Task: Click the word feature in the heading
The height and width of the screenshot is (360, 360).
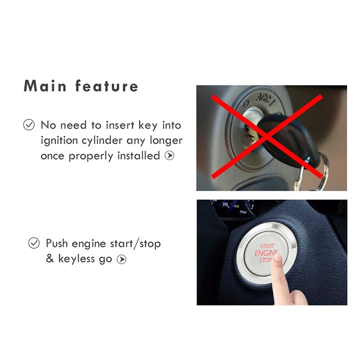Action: [x=107, y=85]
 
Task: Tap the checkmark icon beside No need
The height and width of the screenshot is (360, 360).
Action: [x=29, y=125]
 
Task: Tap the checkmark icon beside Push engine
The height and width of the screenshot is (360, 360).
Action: [x=34, y=243]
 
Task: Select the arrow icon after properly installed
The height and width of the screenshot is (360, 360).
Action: [x=169, y=156]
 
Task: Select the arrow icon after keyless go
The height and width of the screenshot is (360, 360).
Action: [x=121, y=259]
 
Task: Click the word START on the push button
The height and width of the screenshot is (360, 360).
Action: [x=267, y=246]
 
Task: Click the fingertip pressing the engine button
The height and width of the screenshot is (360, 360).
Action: [x=278, y=258]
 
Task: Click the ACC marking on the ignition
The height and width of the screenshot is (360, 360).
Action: [x=265, y=98]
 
